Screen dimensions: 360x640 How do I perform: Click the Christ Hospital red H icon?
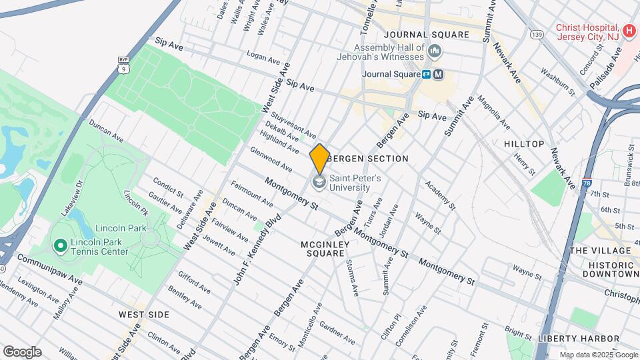[628, 31]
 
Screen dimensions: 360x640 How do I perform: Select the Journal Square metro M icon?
[438, 75]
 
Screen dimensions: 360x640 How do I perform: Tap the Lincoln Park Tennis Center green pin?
[60, 247]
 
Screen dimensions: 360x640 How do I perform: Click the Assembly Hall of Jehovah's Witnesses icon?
[435, 51]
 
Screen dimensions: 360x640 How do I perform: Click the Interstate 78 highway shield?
[586, 183]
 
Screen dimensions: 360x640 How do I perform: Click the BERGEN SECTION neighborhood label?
[369, 159]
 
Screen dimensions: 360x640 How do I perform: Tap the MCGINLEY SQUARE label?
[325, 249]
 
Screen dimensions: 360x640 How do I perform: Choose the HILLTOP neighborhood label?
[524, 144]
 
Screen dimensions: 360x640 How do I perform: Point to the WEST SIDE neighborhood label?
[144, 314]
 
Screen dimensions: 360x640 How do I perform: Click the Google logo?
[22, 351]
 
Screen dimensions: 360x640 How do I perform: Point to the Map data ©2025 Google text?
[598, 355]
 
